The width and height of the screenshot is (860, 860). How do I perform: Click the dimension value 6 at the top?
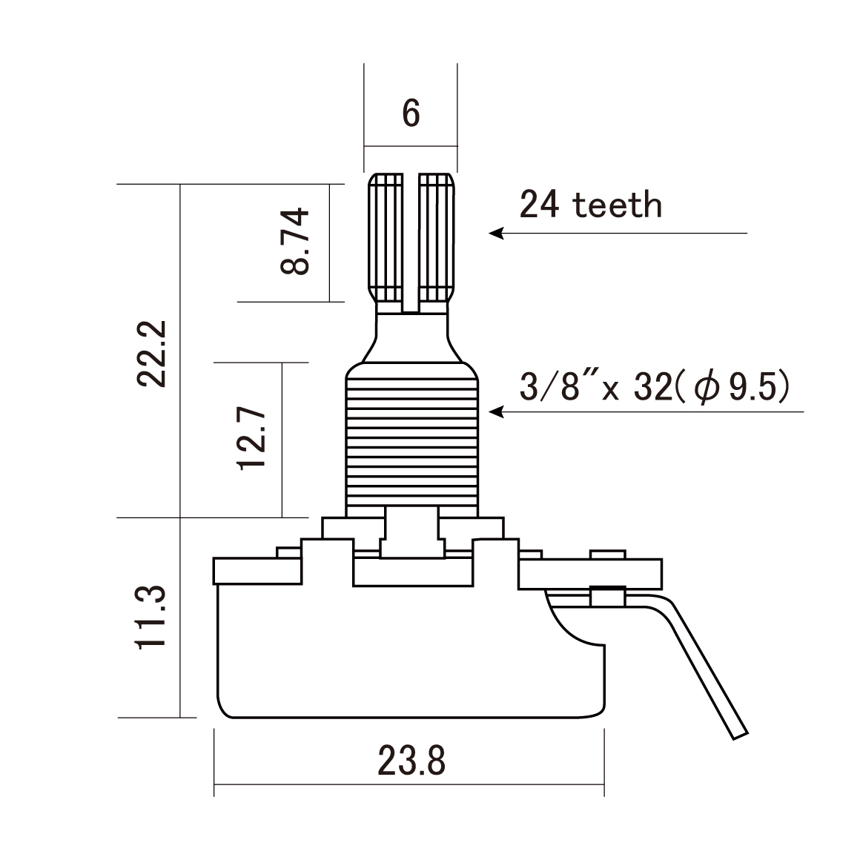click(x=411, y=113)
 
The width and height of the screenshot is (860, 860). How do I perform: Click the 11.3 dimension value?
click(x=152, y=617)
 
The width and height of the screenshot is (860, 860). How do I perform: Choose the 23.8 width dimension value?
click(x=411, y=760)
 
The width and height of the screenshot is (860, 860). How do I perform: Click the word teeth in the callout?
click(x=618, y=205)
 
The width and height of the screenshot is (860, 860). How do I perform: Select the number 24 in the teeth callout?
click(x=540, y=205)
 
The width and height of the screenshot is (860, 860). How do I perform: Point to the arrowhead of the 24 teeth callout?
click(x=494, y=234)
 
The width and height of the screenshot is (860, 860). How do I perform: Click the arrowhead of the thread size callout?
click(x=494, y=411)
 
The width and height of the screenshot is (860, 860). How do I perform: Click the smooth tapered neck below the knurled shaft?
click(x=411, y=337)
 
